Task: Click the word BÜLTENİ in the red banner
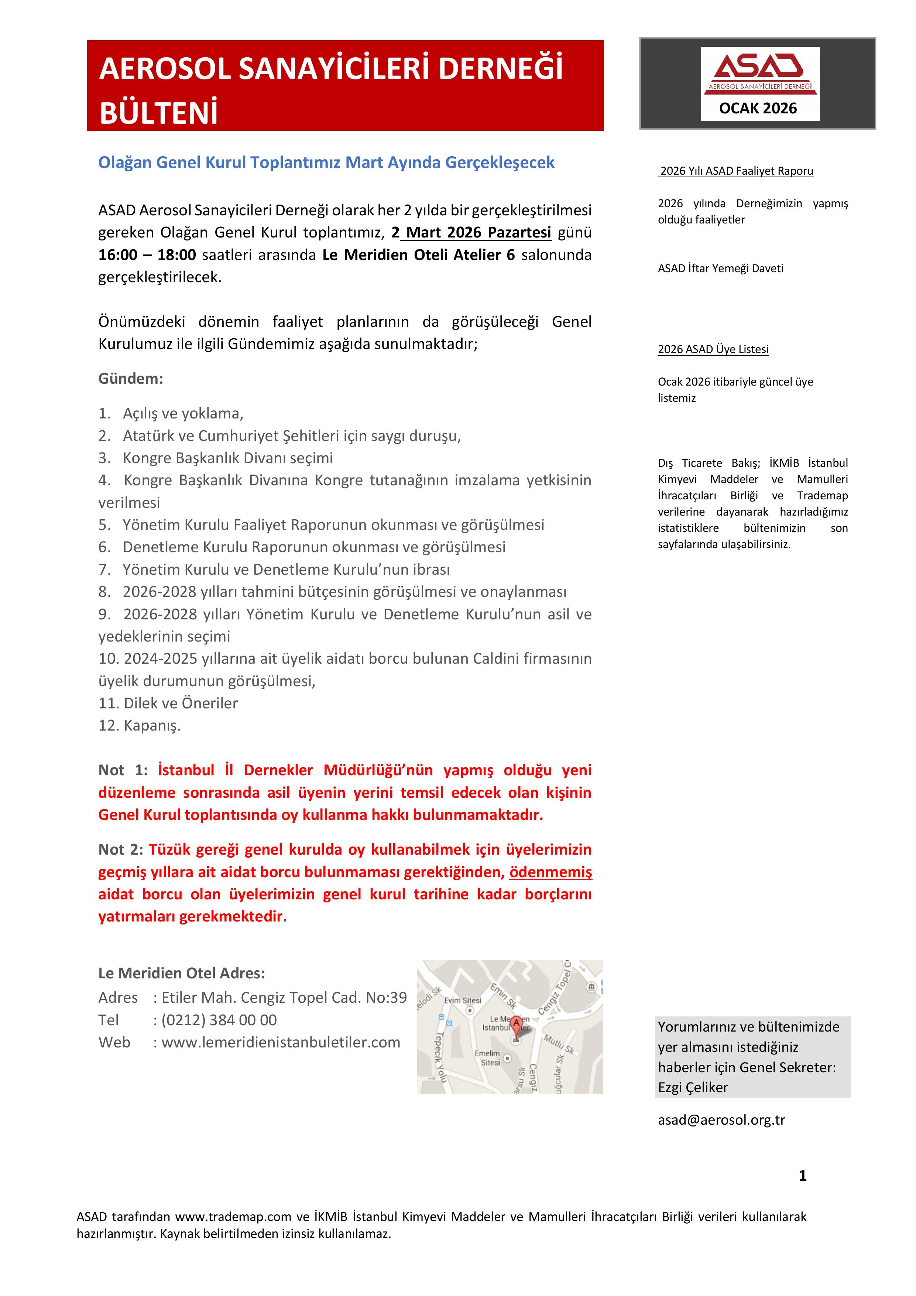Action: tap(159, 113)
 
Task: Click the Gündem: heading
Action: tap(130, 379)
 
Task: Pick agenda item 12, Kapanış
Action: tap(140, 725)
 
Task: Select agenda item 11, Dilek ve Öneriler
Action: tap(168, 703)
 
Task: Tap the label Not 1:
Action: tap(123, 770)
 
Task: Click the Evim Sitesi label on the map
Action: tap(463, 1000)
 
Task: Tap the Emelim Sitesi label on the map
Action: tap(488, 1058)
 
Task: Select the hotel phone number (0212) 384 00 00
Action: tap(219, 1020)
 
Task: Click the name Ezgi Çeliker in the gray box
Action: tap(693, 1088)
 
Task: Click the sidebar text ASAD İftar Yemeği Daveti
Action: tap(720, 269)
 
